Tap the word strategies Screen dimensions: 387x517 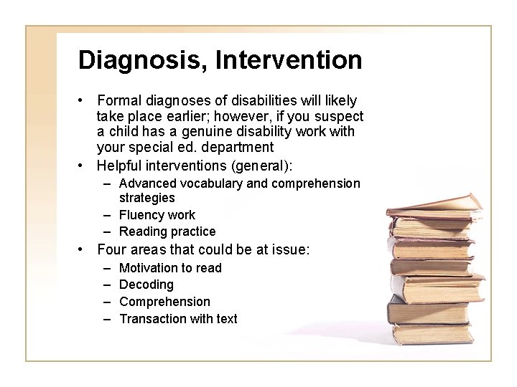point(146,197)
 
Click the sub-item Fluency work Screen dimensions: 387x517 point(157,214)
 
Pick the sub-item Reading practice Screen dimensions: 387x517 point(167,231)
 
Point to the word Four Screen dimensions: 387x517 point(111,250)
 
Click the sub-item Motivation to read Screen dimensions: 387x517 point(170,268)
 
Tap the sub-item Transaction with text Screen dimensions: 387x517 point(178,319)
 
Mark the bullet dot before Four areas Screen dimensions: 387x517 point(83,250)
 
